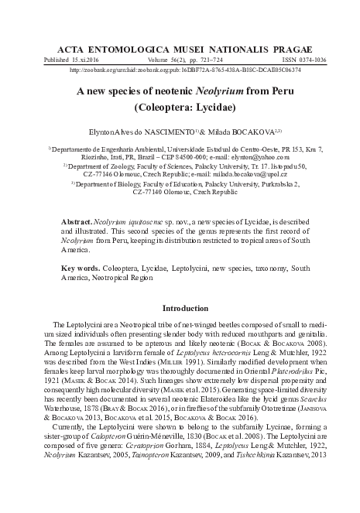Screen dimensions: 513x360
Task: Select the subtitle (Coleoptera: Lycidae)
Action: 180,108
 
